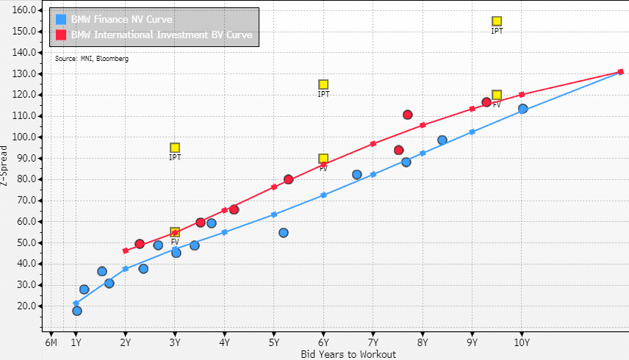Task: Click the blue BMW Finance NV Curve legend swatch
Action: pyautogui.click(x=60, y=19)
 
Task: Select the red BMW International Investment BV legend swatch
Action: pyautogui.click(x=60, y=35)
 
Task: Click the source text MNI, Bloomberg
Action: pyautogui.click(x=92, y=59)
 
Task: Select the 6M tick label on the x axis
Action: pyautogui.click(x=51, y=342)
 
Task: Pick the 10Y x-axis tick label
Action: pyautogui.click(x=522, y=342)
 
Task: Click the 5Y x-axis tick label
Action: pyautogui.click(x=274, y=342)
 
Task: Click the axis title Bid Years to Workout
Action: pyautogui.click(x=348, y=354)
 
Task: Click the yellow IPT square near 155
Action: pyautogui.click(x=497, y=21)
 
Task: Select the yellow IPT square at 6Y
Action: pyautogui.click(x=323, y=84)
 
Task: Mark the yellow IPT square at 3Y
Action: pyautogui.click(x=175, y=148)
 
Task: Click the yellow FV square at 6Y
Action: pyautogui.click(x=323, y=159)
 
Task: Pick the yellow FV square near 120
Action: pyautogui.click(x=497, y=95)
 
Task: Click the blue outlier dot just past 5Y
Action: pyautogui.click(x=284, y=233)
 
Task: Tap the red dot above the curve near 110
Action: pyautogui.click(x=408, y=115)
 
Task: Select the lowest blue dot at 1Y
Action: pyautogui.click(x=77, y=311)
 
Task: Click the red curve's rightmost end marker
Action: pyautogui.click(x=621, y=71)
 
